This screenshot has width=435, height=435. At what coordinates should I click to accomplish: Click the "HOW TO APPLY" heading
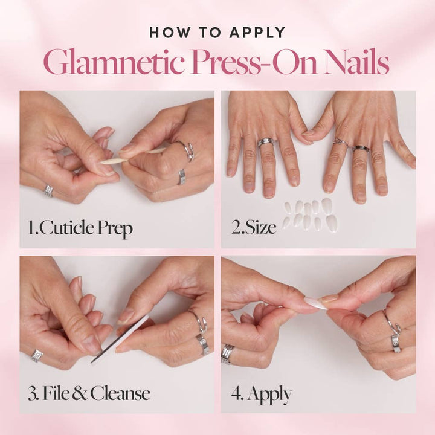point(217,32)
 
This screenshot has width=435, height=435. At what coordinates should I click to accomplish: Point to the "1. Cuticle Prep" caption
point(80,228)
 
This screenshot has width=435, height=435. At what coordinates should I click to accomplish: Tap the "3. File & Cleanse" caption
point(89,394)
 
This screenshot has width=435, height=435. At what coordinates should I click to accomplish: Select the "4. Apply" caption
point(262,395)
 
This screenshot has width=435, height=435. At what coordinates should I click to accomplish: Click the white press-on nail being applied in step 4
point(316,303)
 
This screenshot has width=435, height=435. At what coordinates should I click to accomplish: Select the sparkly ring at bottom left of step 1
point(48,191)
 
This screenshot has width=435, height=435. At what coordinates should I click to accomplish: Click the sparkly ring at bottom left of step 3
point(37,355)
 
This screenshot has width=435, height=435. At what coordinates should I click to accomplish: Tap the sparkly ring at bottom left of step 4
point(227,354)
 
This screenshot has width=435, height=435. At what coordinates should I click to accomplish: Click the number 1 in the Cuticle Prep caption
point(30,228)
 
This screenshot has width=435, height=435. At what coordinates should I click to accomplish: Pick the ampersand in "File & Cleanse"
point(79,395)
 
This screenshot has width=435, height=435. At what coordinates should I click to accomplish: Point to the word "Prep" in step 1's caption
point(114,230)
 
